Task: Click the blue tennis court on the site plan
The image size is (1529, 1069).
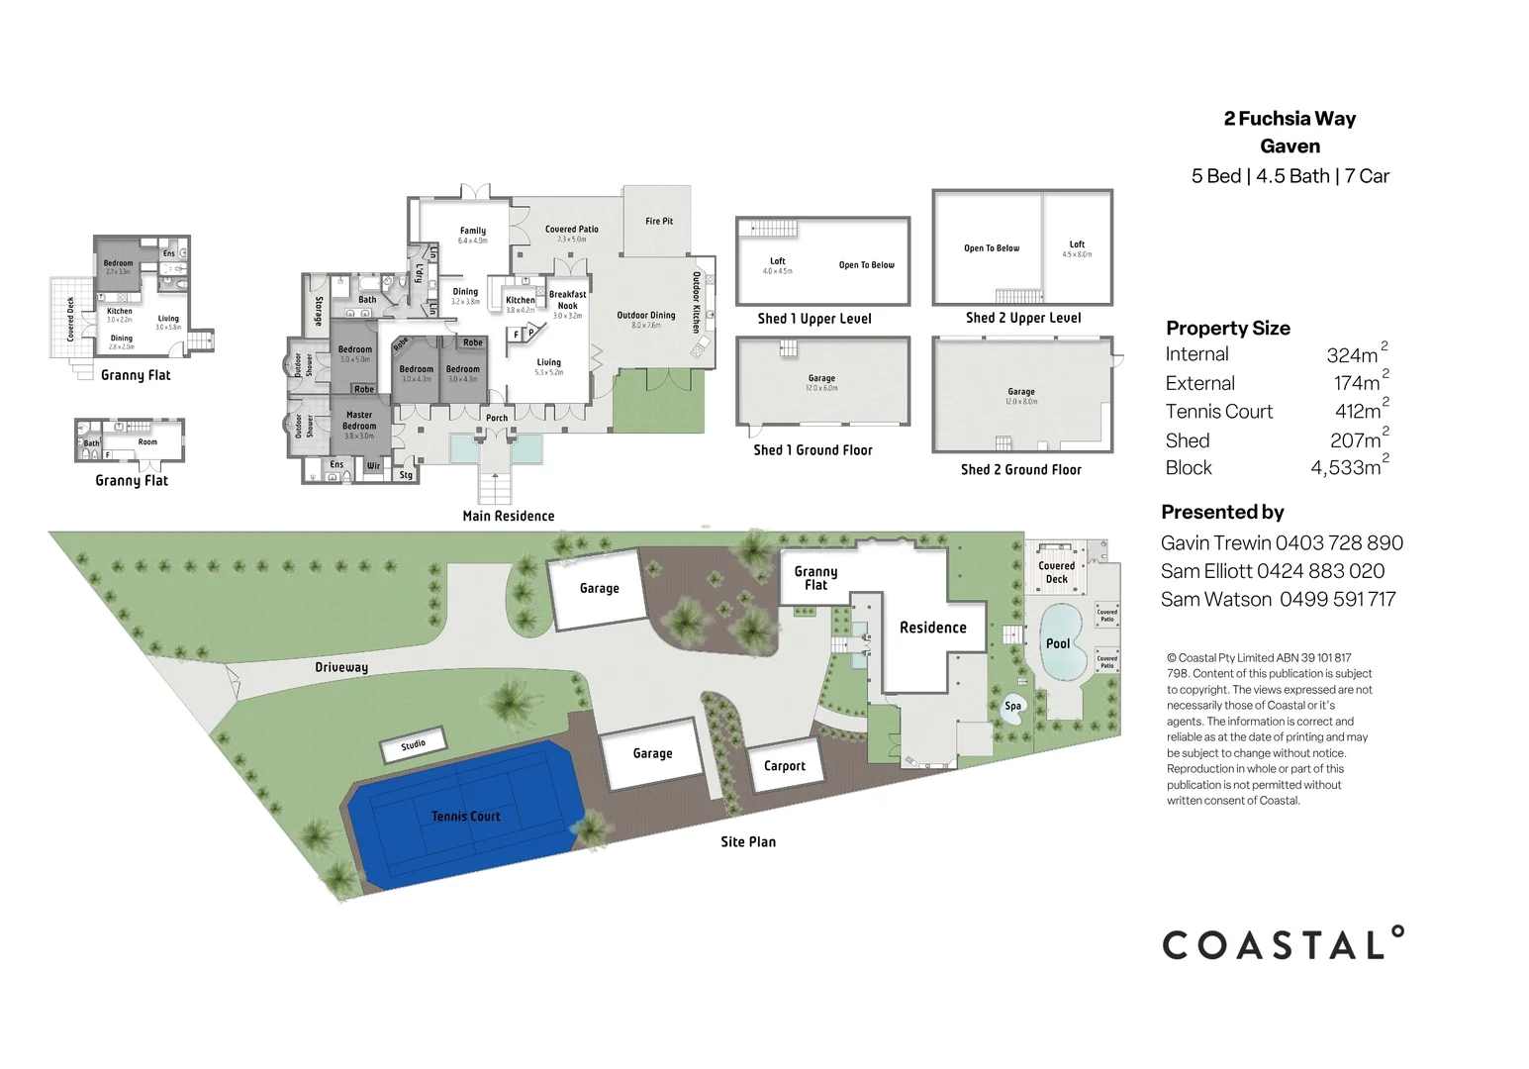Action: coord(465,817)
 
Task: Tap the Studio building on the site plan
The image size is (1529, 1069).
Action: coord(414,744)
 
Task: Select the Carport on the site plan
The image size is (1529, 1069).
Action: coord(785,766)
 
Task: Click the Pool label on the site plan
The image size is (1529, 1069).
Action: coord(1058,643)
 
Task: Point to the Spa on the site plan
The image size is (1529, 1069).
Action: coord(1013,707)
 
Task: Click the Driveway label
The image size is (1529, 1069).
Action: coord(341,667)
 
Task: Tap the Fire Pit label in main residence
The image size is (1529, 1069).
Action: coord(659,222)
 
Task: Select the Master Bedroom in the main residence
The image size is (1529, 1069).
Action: coord(359,421)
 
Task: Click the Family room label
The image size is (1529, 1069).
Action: coord(473,231)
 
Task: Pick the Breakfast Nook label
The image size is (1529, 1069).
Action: coord(568,300)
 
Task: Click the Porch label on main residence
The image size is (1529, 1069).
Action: coord(497,418)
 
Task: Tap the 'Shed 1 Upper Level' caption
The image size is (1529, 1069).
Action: coord(814,319)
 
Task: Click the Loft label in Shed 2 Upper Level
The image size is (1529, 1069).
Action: coord(1077,244)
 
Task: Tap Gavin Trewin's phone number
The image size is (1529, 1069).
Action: coord(1339,542)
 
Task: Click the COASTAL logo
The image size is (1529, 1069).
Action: coord(1283,944)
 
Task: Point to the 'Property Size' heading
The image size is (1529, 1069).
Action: coord(1227,328)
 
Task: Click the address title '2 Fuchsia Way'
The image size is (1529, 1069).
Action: coord(1290,119)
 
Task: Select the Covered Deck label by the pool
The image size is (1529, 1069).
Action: coord(1056,572)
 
